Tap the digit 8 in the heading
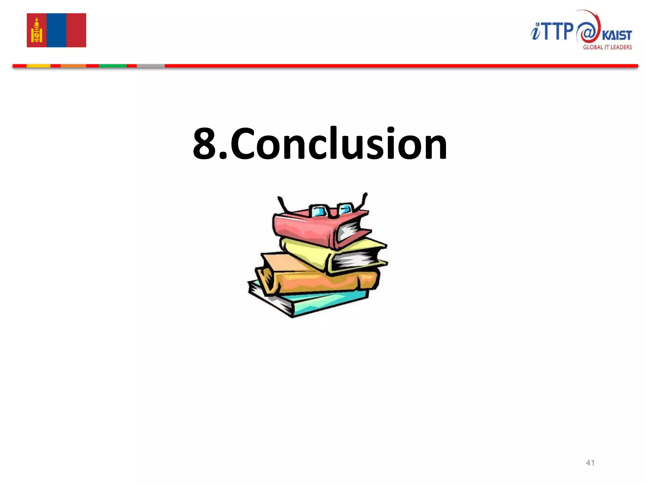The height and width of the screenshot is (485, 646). point(205,144)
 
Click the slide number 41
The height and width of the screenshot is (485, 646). point(590,463)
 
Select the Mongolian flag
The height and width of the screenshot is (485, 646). point(56,30)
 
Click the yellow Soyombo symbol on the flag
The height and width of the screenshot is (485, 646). point(37,31)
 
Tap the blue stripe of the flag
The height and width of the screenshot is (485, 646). point(56,30)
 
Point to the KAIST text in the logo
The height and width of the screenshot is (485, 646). point(617,35)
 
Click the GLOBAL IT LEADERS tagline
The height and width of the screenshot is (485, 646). point(607,47)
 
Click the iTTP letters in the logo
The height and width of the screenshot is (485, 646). point(552,32)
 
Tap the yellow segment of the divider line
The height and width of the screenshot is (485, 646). point(38,66)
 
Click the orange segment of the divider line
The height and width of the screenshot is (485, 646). point(73,66)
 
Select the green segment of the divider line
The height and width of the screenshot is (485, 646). point(113,66)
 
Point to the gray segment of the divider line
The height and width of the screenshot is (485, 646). point(151,66)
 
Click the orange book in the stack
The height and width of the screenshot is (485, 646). point(315,281)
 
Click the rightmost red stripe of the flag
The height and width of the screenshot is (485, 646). point(76,30)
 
